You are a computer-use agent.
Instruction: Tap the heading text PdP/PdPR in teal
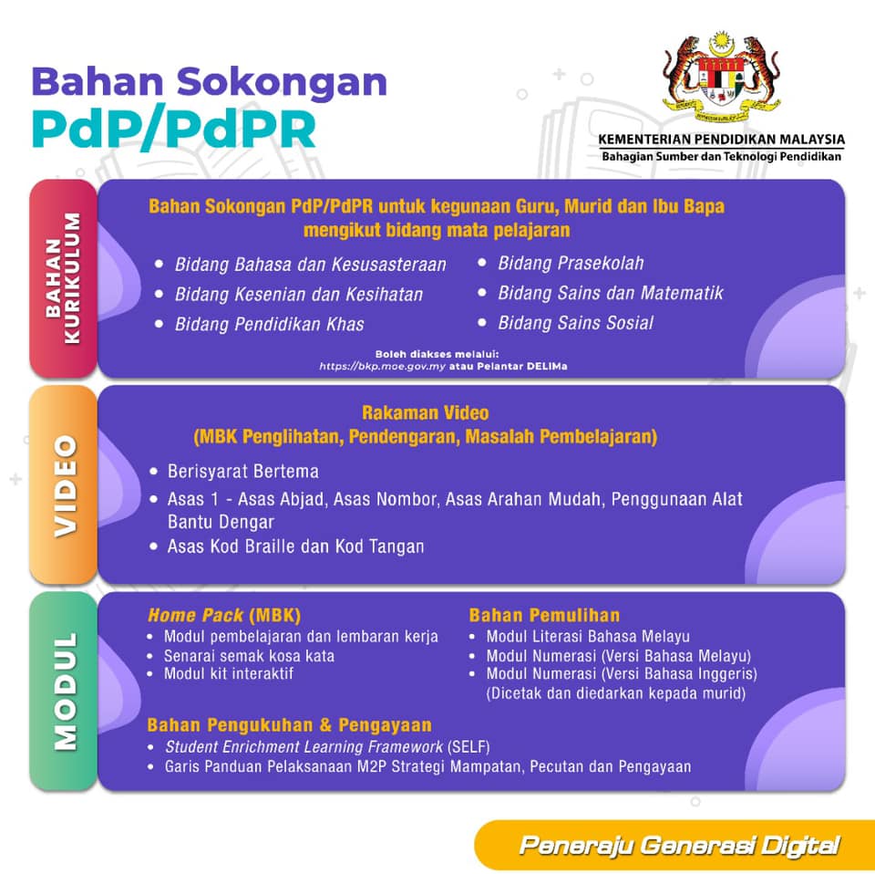click(x=174, y=129)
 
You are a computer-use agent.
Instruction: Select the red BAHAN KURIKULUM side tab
click(x=63, y=277)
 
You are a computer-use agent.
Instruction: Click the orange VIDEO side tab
click(x=63, y=484)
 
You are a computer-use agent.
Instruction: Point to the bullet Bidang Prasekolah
click(x=571, y=264)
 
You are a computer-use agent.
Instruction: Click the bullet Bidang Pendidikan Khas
click(x=269, y=324)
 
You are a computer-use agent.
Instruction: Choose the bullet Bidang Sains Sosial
click(x=575, y=323)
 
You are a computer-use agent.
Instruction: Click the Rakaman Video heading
click(x=425, y=413)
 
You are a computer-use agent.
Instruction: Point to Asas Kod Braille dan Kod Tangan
click(x=295, y=546)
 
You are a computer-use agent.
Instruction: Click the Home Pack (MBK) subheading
click(x=223, y=616)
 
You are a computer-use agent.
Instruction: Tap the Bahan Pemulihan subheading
click(x=544, y=616)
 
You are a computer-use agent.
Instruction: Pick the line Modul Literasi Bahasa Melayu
click(x=588, y=637)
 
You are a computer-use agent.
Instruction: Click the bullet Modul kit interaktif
click(x=228, y=674)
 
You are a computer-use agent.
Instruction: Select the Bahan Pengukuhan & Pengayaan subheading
click(x=289, y=725)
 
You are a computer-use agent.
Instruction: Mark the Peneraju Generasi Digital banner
click(x=678, y=846)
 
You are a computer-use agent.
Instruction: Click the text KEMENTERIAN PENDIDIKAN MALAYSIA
click(x=721, y=140)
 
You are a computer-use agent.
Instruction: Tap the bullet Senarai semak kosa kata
click(x=248, y=656)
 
